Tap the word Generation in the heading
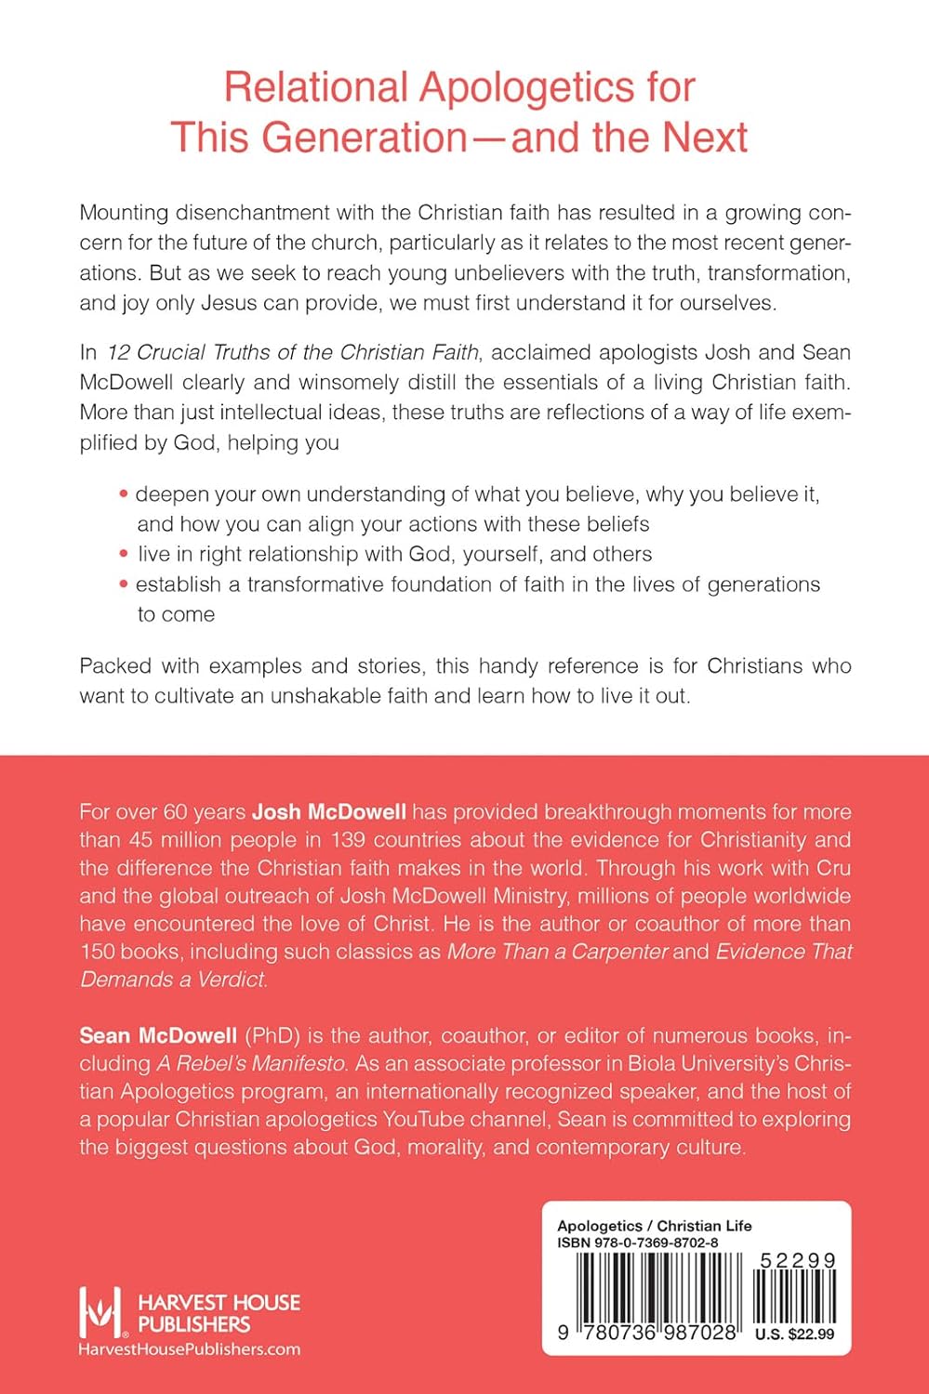364,138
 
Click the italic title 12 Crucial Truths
213,352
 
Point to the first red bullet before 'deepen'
124,494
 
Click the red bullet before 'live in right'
124,554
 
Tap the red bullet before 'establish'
124,585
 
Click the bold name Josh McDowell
329,811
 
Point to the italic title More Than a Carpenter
557,952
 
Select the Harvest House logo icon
100,1312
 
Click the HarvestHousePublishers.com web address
189,1349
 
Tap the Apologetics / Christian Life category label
654,1226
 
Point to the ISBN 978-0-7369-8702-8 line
637,1243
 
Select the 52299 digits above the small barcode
797,1261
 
